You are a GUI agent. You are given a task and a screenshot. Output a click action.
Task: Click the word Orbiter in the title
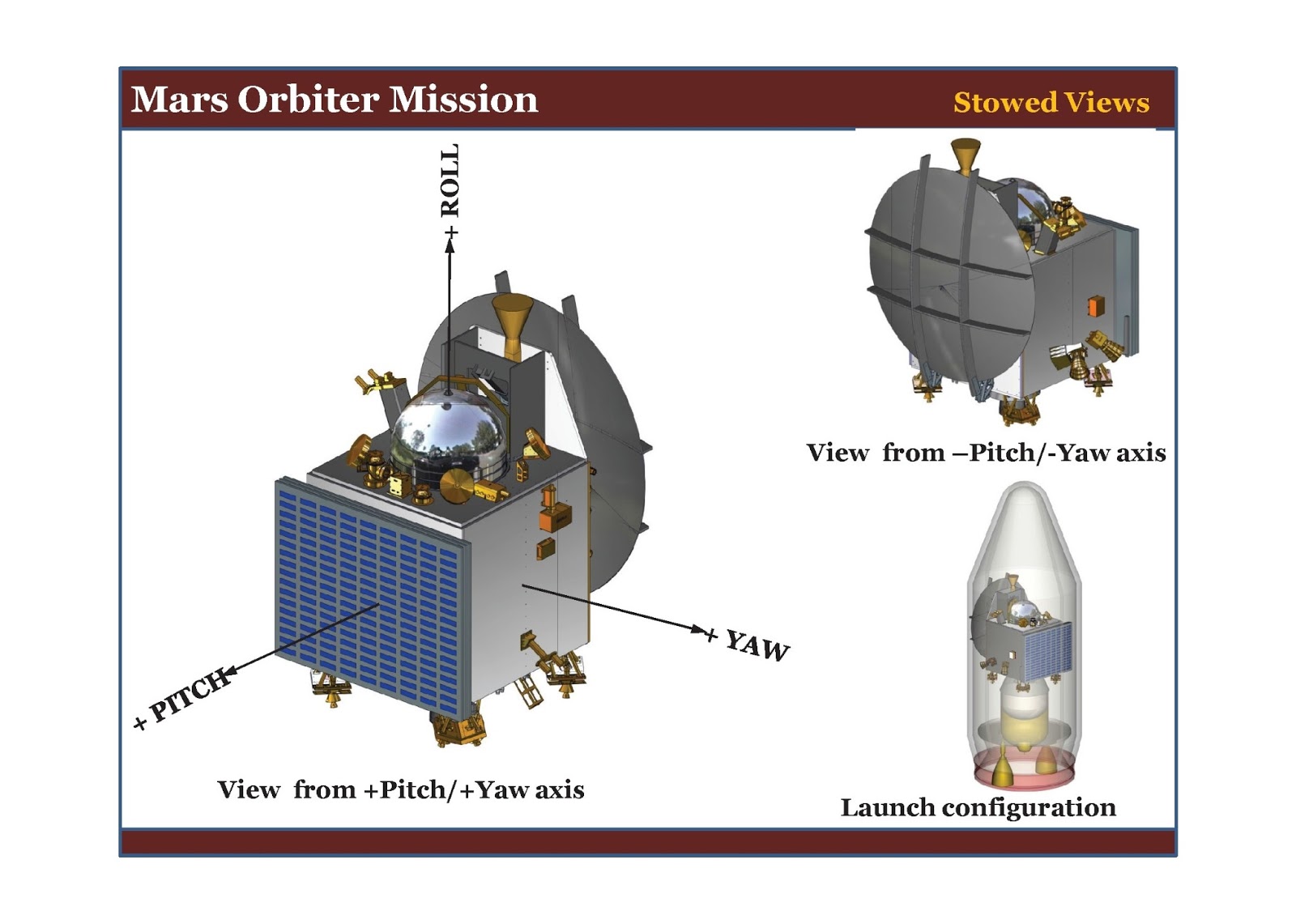pyautogui.click(x=309, y=100)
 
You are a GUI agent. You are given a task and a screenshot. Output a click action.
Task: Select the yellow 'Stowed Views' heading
pyautogui.click(x=1051, y=103)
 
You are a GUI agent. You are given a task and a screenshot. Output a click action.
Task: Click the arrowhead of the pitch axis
pyautogui.click(x=229, y=671)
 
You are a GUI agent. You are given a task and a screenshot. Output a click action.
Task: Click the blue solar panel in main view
pyautogui.click(x=371, y=596)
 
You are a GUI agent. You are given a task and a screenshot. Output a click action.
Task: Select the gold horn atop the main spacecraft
pyautogui.click(x=511, y=321)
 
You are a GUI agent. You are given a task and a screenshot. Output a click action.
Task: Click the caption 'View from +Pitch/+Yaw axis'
pyautogui.click(x=400, y=789)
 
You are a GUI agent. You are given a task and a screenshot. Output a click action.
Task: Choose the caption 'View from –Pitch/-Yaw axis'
pyautogui.click(x=986, y=453)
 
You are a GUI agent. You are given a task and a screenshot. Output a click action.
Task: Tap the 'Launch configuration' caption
pyautogui.click(x=978, y=807)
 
